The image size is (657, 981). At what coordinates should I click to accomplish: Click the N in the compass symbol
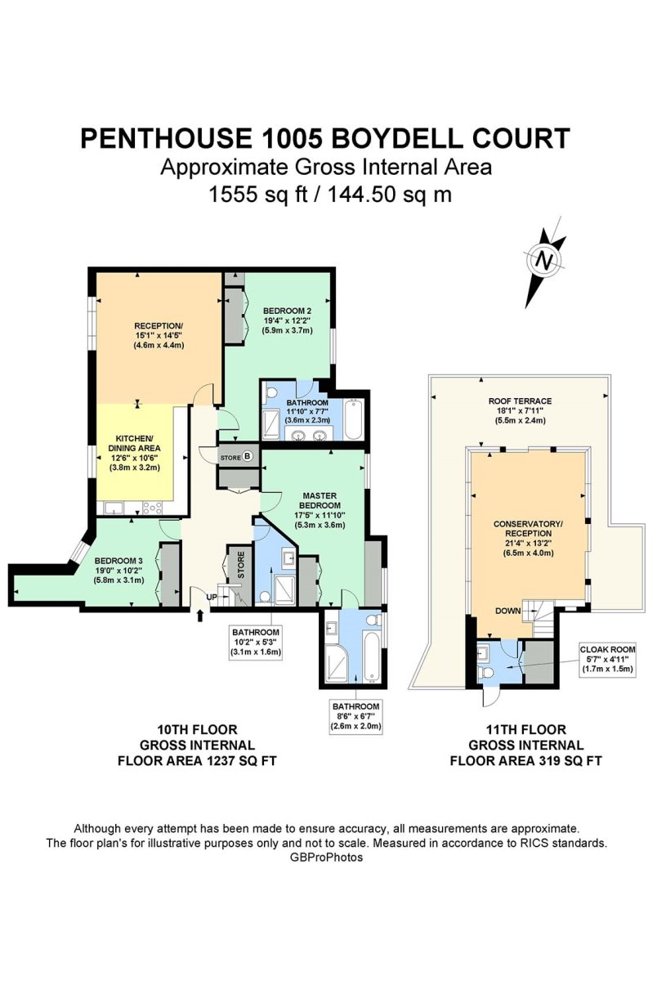(x=545, y=261)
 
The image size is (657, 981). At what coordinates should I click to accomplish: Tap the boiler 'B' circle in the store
(x=248, y=456)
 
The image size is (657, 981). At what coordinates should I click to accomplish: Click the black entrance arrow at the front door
(x=200, y=616)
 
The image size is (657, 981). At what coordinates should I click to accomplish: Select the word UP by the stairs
(x=212, y=597)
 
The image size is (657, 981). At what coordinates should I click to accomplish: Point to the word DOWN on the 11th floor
(x=508, y=611)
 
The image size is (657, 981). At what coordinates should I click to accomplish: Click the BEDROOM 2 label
(x=288, y=311)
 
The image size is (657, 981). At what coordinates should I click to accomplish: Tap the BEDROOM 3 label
(x=118, y=561)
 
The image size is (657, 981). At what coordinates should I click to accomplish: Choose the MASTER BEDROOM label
(x=320, y=500)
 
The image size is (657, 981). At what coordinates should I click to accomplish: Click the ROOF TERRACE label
(x=520, y=401)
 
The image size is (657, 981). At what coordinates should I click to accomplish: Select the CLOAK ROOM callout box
(x=607, y=659)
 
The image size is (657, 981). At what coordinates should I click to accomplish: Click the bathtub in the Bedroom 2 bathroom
(x=353, y=419)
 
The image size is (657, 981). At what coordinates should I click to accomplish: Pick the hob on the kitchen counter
(x=152, y=508)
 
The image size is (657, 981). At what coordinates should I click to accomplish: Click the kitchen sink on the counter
(x=114, y=508)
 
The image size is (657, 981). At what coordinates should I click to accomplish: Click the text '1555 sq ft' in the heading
(x=258, y=194)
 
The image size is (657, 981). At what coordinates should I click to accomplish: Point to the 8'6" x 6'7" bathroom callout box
(x=355, y=716)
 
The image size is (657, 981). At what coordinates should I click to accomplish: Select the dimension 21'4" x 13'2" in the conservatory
(x=529, y=543)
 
